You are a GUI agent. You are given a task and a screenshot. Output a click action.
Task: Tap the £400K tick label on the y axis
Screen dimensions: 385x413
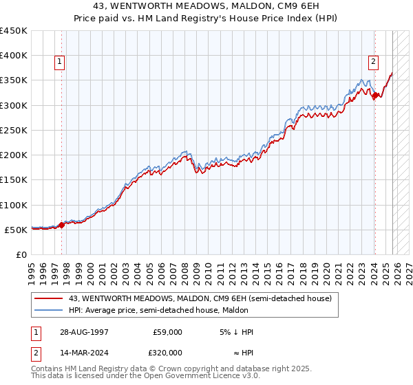click(x=13, y=56)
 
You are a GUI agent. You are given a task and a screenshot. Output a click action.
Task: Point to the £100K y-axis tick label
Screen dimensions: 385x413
click(x=13, y=205)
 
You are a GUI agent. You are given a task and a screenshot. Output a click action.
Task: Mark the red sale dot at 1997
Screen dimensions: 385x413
click(x=62, y=224)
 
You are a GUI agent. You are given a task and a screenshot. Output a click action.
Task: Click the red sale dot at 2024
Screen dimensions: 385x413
click(x=375, y=96)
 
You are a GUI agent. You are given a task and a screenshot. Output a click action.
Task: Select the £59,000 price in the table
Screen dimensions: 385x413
click(x=167, y=332)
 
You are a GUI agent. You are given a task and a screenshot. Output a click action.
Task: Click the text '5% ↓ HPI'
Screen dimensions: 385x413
click(x=235, y=332)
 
